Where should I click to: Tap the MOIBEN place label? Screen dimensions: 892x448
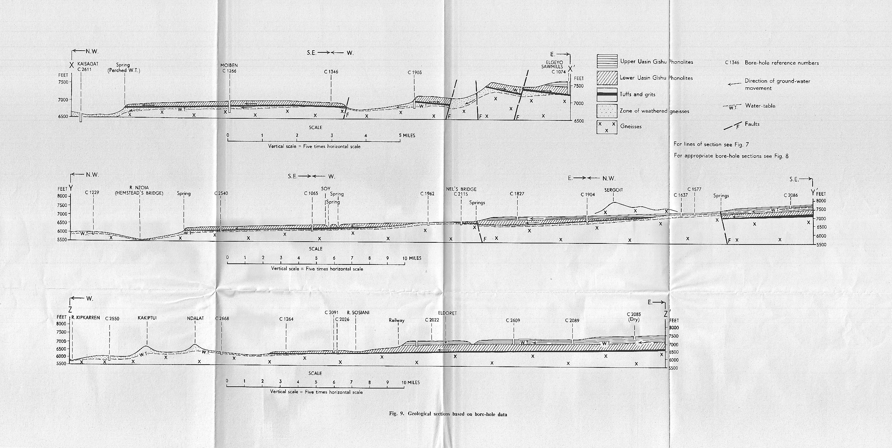[229, 66]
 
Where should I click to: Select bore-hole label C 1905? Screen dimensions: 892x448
[415, 72]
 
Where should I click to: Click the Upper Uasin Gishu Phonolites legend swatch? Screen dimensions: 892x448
[607, 62]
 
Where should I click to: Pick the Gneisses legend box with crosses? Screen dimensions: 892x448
[607, 127]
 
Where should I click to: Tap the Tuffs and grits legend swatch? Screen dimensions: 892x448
[607, 94]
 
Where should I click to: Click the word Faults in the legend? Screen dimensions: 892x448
[752, 124]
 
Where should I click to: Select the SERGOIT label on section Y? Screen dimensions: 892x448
[614, 190]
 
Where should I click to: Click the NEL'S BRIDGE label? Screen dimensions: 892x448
[461, 189]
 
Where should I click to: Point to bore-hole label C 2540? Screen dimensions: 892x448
[221, 194]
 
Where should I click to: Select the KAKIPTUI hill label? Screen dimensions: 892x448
[147, 318]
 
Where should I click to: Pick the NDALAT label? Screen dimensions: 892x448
[195, 318]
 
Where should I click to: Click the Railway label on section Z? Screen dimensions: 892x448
[397, 320]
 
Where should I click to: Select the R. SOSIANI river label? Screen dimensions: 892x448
[358, 313]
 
